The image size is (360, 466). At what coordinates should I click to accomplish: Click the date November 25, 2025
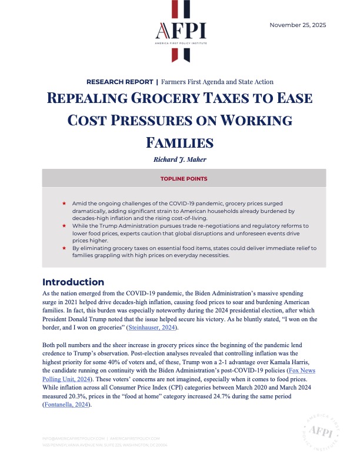click(297, 25)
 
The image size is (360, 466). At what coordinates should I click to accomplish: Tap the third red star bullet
click(64, 248)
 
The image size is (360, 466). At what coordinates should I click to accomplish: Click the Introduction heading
click(74, 282)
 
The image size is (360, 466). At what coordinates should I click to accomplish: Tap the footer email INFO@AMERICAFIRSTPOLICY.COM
click(74, 438)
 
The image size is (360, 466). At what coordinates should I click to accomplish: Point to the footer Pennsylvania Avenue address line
click(105, 445)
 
